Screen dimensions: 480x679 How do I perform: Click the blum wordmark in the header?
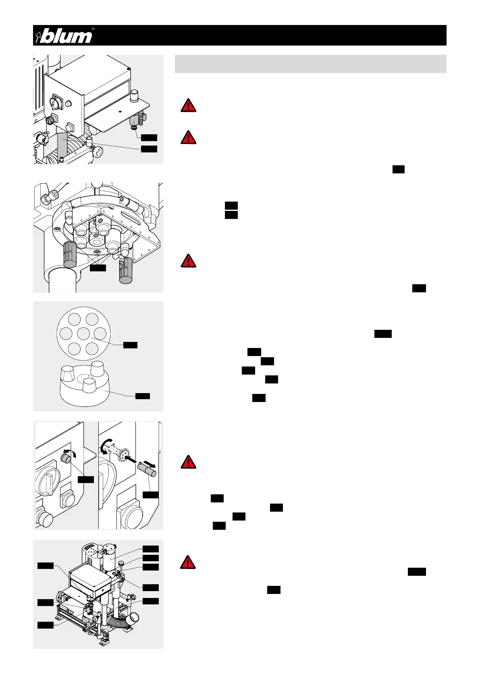coord(67,36)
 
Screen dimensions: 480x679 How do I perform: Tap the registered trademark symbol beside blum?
coord(93,29)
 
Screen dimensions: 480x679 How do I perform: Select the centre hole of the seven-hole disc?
coord(83,333)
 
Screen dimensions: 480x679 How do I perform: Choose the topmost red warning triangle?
coord(188,106)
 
